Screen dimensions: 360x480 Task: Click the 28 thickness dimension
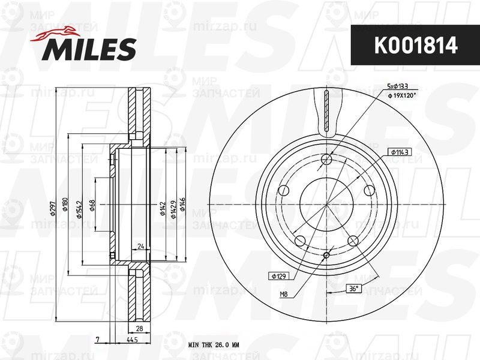click(x=139, y=329)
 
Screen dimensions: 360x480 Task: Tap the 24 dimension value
click(x=140, y=247)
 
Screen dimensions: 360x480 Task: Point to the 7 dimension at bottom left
click(x=97, y=340)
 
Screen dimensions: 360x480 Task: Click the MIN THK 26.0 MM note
click(x=214, y=345)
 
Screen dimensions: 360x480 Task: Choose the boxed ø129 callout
click(x=280, y=275)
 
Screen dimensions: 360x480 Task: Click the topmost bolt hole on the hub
click(x=326, y=159)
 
